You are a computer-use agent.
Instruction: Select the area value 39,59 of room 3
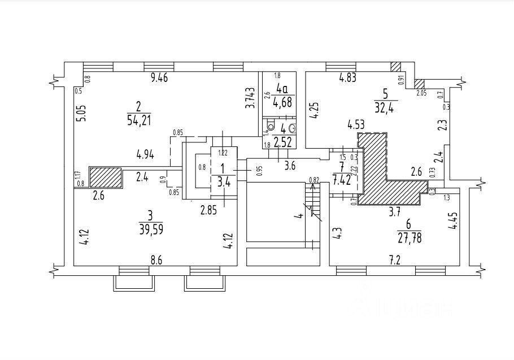(150, 227)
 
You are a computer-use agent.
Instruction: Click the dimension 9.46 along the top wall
(163, 79)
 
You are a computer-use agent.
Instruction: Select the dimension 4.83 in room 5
(347, 79)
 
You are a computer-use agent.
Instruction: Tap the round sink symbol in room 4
(291, 127)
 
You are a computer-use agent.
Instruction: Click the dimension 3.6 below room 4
(290, 166)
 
